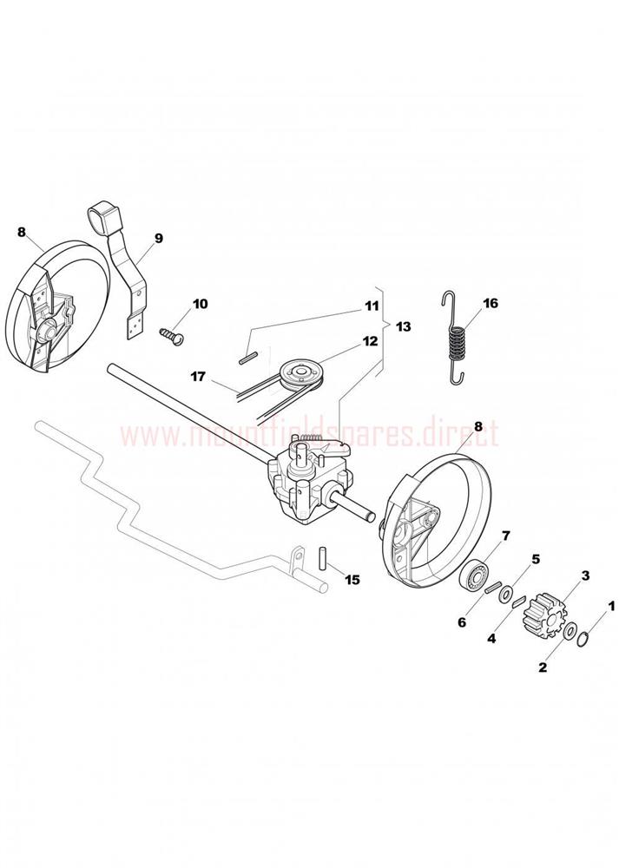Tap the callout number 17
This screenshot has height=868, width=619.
[x=198, y=377]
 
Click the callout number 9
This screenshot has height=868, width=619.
[x=158, y=239]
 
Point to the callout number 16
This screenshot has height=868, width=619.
[x=490, y=303]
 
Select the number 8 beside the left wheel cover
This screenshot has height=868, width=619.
[x=22, y=232]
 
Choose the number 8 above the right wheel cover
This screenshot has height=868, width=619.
[x=478, y=427]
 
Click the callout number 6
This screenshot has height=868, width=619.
[x=462, y=622]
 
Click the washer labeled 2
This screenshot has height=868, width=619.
[x=570, y=632]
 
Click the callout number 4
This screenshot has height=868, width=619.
[x=491, y=638]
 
